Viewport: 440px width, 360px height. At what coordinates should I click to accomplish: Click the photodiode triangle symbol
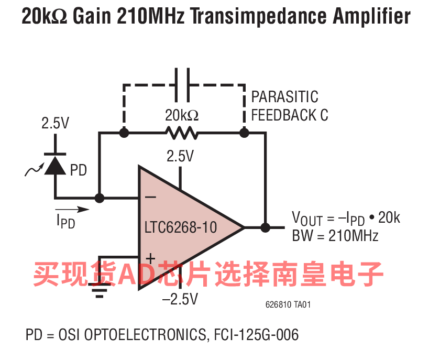tap(56, 166)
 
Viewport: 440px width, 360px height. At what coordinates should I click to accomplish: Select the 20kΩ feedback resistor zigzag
tap(182, 133)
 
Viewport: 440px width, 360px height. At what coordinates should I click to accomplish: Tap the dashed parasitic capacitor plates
tap(182, 85)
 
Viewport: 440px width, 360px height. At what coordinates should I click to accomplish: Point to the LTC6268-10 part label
tap(181, 227)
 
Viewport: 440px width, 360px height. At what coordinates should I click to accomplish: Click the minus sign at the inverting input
tap(150, 197)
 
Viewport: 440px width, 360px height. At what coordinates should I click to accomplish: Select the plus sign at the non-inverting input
tap(150, 258)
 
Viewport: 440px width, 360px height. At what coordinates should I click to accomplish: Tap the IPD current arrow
tap(72, 209)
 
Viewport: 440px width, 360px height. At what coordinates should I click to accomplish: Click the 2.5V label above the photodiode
tap(56, 123)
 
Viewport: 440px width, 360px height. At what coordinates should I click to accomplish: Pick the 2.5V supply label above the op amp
tap(180, 156)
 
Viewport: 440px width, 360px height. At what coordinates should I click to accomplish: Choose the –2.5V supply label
tap(180, 299)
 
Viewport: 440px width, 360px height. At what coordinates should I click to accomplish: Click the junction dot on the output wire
tap(265, 227)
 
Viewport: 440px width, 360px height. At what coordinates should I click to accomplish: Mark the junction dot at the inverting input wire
tap(100, 198)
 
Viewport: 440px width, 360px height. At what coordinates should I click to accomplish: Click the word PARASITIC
tap(284, 97)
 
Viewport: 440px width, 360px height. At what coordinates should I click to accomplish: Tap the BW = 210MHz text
tap(335, 236)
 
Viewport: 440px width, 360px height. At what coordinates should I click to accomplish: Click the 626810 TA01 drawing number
tap(288, 304)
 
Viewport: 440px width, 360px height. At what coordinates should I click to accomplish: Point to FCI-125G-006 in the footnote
tap(256, 335)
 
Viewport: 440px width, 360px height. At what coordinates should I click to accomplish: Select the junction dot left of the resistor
tap(124, 133)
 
